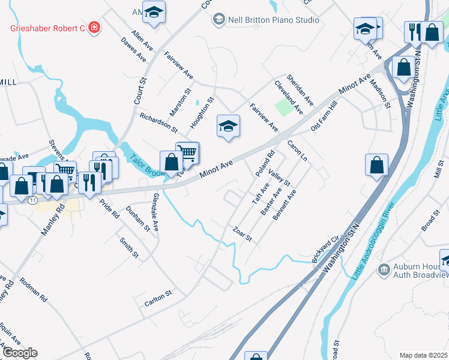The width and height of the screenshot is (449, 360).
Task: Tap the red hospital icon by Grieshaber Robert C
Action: [94, 27]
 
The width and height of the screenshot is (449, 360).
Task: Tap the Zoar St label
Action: [241, 235]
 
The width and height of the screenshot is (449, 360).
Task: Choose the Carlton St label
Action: [158, 298]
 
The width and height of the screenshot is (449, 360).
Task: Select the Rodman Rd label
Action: [33, 289]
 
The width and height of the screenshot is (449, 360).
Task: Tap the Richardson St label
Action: [158, 122]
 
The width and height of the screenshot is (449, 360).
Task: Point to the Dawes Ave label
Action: [133, 50]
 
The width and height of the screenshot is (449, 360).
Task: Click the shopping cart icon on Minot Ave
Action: [188, 153]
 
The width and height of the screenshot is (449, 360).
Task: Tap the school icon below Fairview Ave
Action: [228, 126]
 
